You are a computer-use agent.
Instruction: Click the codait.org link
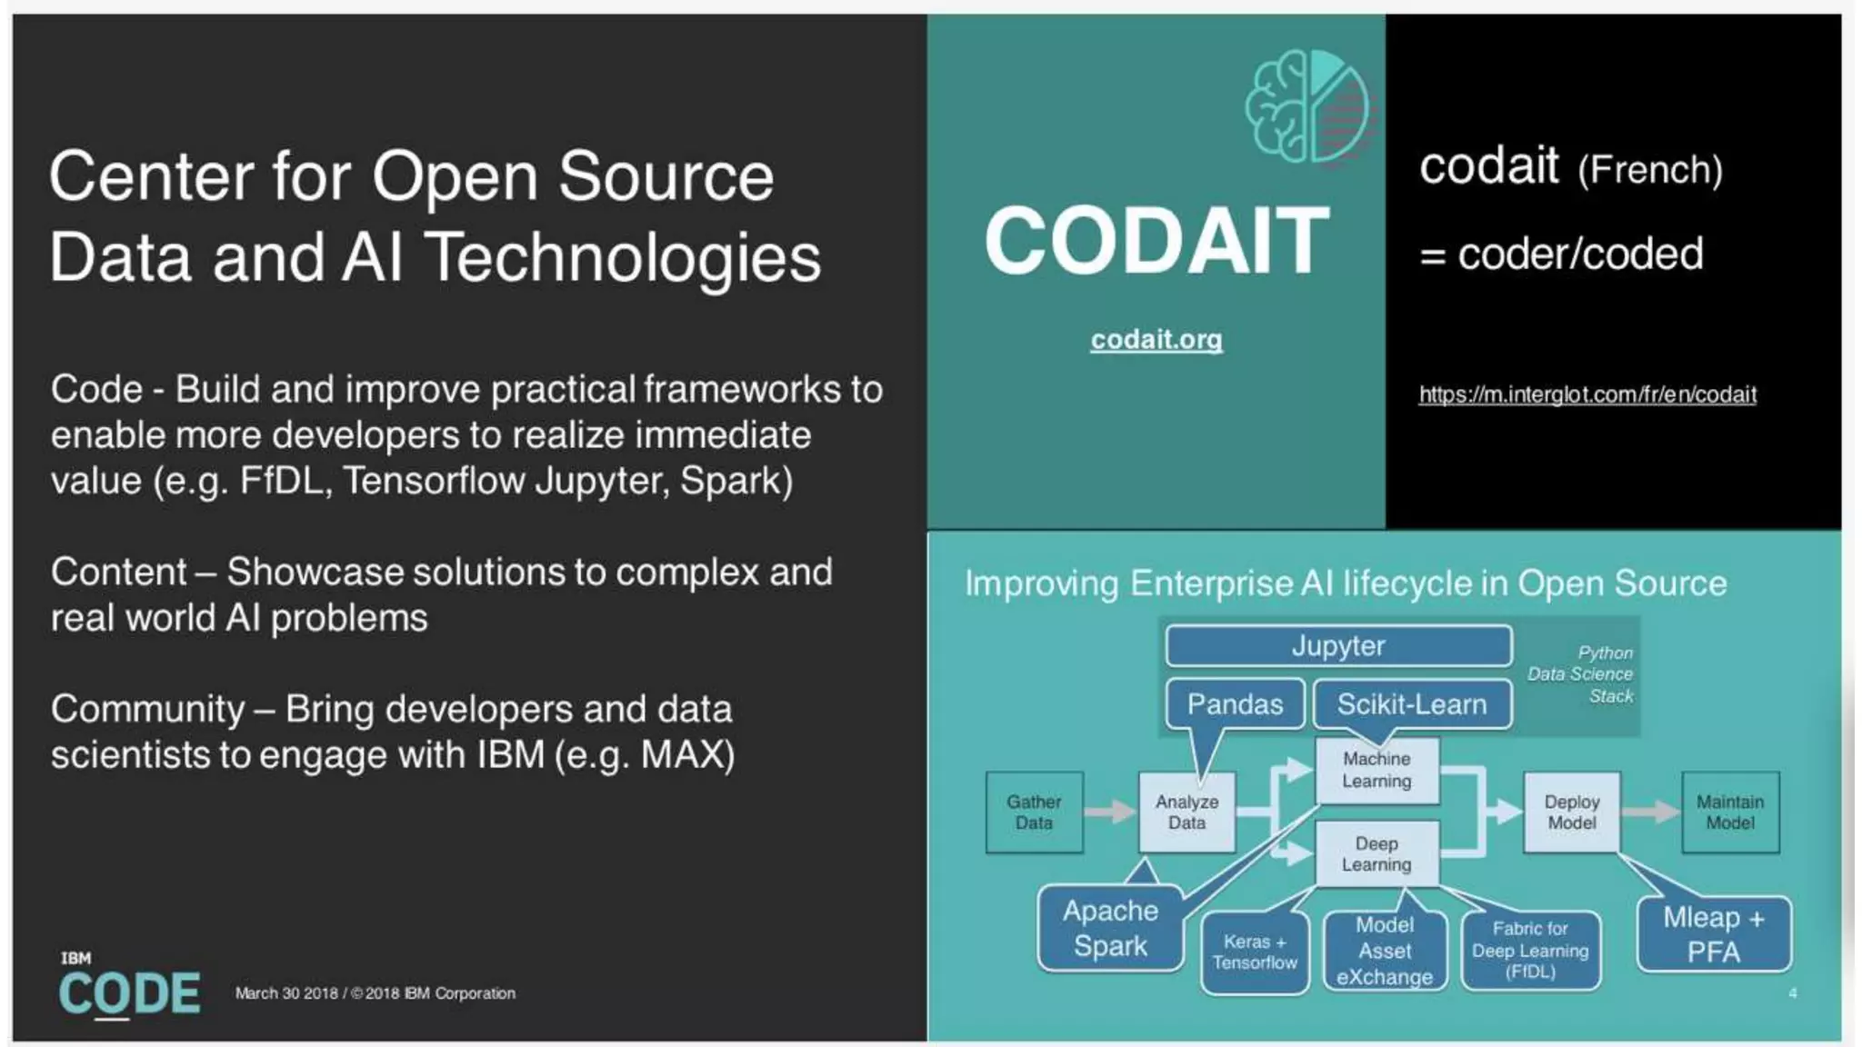(x=1156, y=339)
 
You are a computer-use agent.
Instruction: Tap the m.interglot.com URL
(x=1587, y=394)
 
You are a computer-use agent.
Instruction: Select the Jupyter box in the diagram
(x=1338, y=646)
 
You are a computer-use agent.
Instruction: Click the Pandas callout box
(x=1234, y=704)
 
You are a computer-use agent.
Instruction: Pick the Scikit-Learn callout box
(x=1411, y=704)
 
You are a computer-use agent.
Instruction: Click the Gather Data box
(x=1034, y=813)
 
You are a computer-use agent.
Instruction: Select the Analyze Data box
(x=1186, y=813)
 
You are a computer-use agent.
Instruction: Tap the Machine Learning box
(x=1376, y=770)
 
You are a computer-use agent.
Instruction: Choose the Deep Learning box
(x=1376, y=854)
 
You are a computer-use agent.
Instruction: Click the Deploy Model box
(x=1571, y=813)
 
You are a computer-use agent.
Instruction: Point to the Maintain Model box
(x=1729, y=813)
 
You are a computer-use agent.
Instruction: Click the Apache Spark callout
(x=1110, y=929)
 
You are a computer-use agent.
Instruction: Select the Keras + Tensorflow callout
(x=1254, y=952)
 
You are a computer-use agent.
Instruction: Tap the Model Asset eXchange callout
(x=1384, y=951)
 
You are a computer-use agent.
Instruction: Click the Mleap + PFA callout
(x=1713, y=934)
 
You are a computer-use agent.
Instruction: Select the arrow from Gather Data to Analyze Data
(x=1110, y=812)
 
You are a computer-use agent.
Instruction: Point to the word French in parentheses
(x=1649, y=170)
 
